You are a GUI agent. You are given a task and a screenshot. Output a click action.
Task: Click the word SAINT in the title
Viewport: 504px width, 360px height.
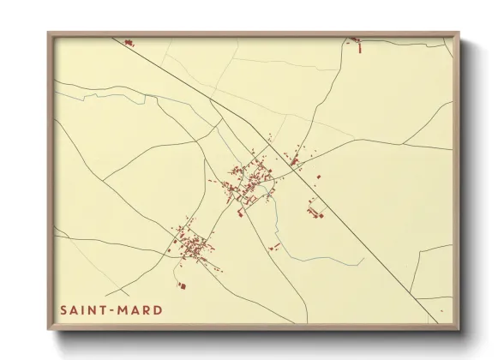(x=80, y=309)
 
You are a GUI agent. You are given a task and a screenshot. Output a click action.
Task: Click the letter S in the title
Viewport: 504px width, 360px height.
(x=63, y=309)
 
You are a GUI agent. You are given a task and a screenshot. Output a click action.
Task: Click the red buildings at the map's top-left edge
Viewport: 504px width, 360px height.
(x=129, y=42)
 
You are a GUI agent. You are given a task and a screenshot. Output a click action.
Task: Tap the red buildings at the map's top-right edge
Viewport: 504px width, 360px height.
(x=353, y=39)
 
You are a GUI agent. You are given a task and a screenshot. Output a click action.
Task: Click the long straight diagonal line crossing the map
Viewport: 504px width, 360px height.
(x=343, y=214)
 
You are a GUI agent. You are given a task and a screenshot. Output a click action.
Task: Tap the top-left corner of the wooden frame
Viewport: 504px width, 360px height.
(x=49, y=33)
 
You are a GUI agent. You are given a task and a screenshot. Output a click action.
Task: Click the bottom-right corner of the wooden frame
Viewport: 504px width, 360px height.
(x=459, y=328)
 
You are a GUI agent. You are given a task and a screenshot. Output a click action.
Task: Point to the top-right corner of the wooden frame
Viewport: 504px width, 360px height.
(x=459, y=33)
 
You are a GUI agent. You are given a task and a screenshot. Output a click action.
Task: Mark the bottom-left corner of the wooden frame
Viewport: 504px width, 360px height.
(x=49, y=328)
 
